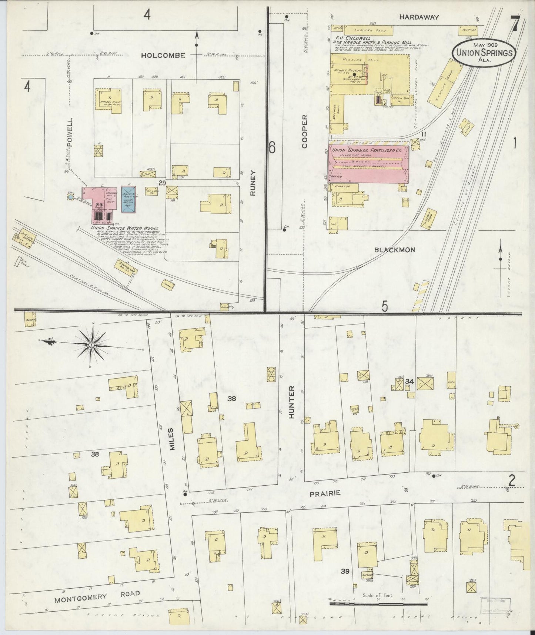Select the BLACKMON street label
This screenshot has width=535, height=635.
point(394,250)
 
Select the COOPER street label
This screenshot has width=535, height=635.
point(305,131)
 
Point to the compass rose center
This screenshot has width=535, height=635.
point(91,345)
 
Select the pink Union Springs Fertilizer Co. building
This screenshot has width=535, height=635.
point(368,163)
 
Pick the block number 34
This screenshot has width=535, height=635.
point(409,381)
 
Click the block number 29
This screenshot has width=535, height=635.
point(162,183)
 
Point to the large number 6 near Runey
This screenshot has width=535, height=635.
point(272,148)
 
